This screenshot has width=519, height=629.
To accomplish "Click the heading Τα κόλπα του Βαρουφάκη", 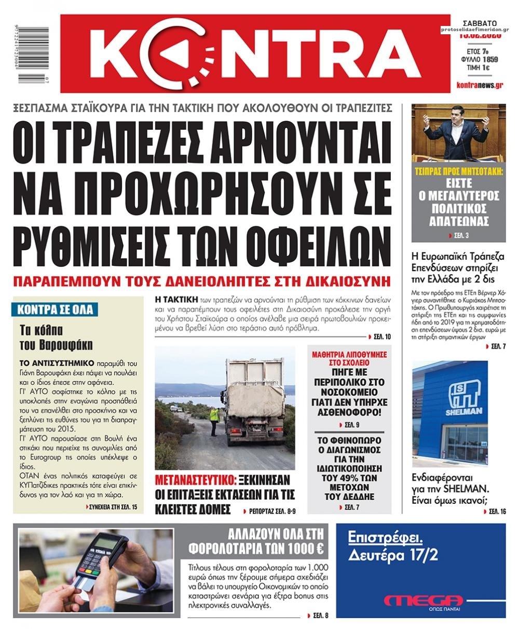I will click(x=77, y=338).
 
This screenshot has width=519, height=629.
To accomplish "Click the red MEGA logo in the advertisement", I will click(x=422, y=600).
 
